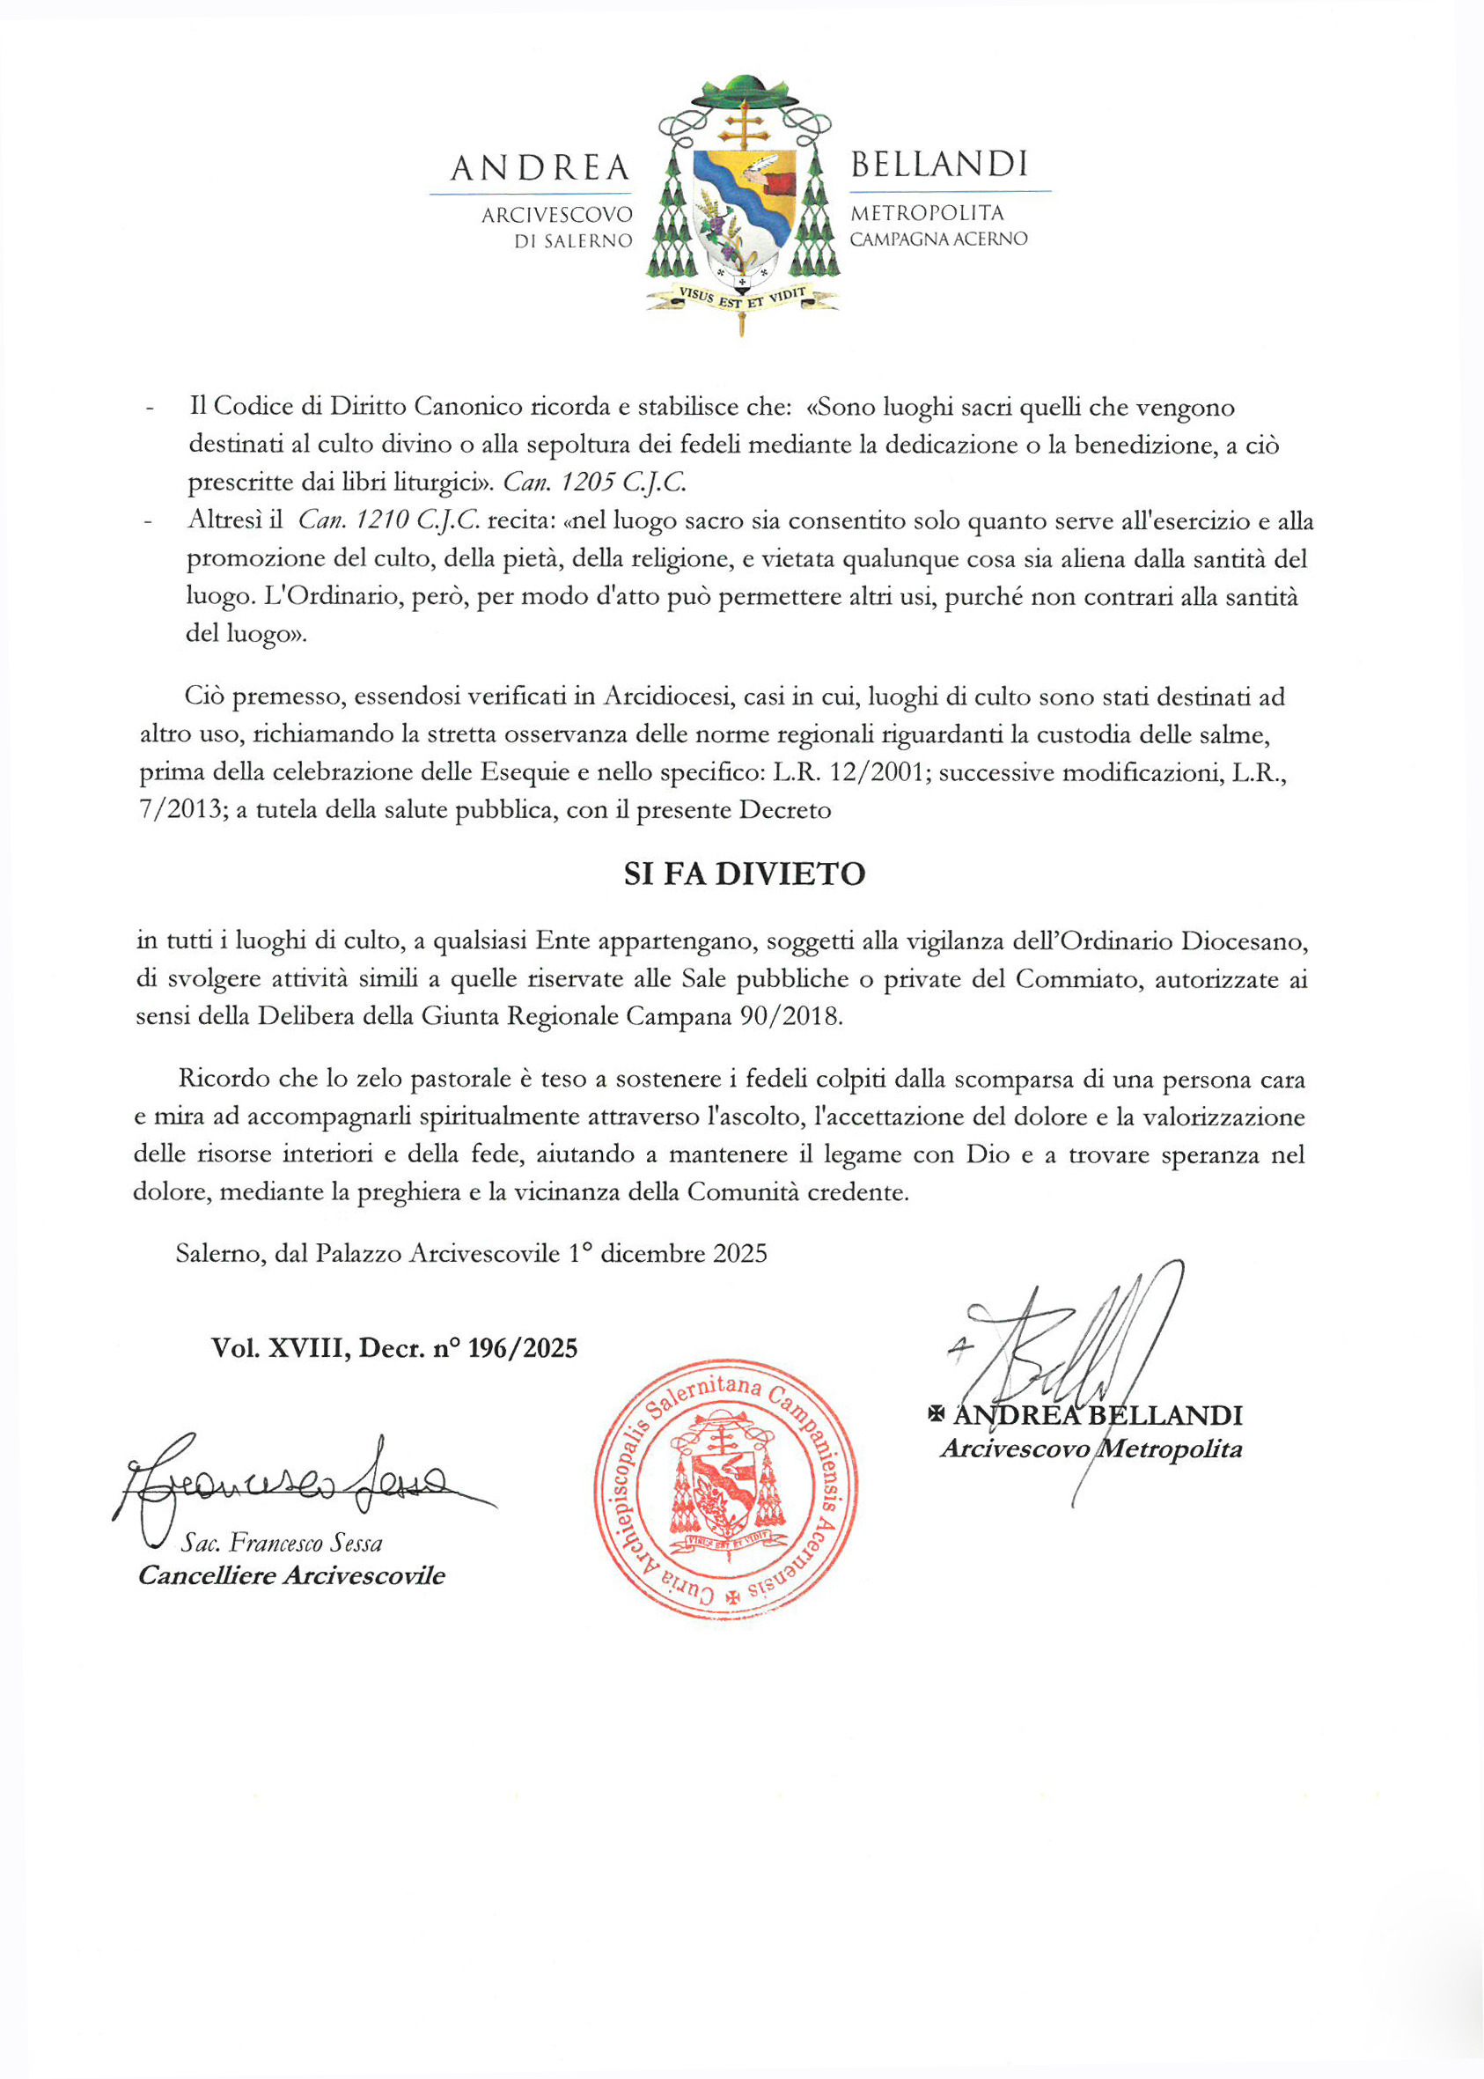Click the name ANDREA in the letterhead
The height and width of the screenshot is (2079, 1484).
(540, 168)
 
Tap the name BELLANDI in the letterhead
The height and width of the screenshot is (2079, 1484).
(939, 165)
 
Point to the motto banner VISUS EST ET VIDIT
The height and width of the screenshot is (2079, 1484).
(741, 296)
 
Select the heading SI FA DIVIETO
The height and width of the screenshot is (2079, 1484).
(744, 874)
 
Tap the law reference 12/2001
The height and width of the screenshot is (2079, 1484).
(879, 772)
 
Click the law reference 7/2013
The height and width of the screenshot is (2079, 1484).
(181, 811)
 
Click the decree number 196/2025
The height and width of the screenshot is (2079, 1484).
(523, 1348)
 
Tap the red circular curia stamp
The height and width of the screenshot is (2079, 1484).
(725, 1488)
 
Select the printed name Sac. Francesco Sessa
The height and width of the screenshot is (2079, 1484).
(282, 1544)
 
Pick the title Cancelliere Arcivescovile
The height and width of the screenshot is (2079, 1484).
(291, 1575)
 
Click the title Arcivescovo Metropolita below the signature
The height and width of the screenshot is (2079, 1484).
(1091, 1449)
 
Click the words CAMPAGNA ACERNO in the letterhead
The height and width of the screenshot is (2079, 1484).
(938, 239)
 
